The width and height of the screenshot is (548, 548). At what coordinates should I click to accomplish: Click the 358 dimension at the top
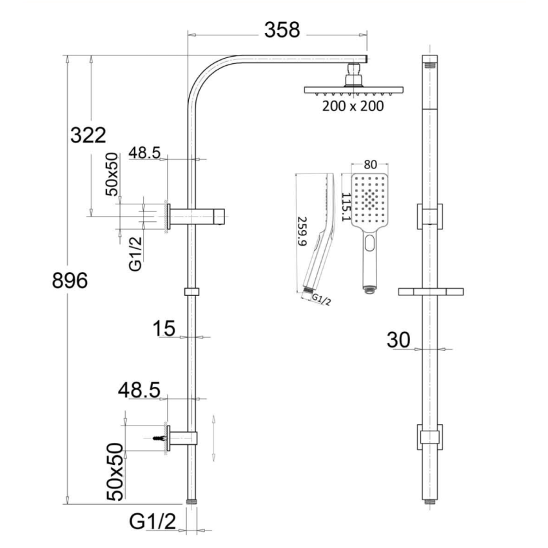(282, 30)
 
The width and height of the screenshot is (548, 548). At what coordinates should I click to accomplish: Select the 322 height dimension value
(88, 135)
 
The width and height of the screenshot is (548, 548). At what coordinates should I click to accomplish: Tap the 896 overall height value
(69, 281)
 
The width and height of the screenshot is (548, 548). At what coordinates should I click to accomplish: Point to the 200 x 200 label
(353, 106)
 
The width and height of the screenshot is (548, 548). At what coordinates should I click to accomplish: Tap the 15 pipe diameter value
(164, 329)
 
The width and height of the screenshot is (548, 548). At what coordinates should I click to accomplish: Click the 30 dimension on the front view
(399, 340)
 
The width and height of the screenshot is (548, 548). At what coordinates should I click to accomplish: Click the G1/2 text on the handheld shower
(320, 299)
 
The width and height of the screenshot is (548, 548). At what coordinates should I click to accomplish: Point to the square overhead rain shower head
(353, 90)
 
